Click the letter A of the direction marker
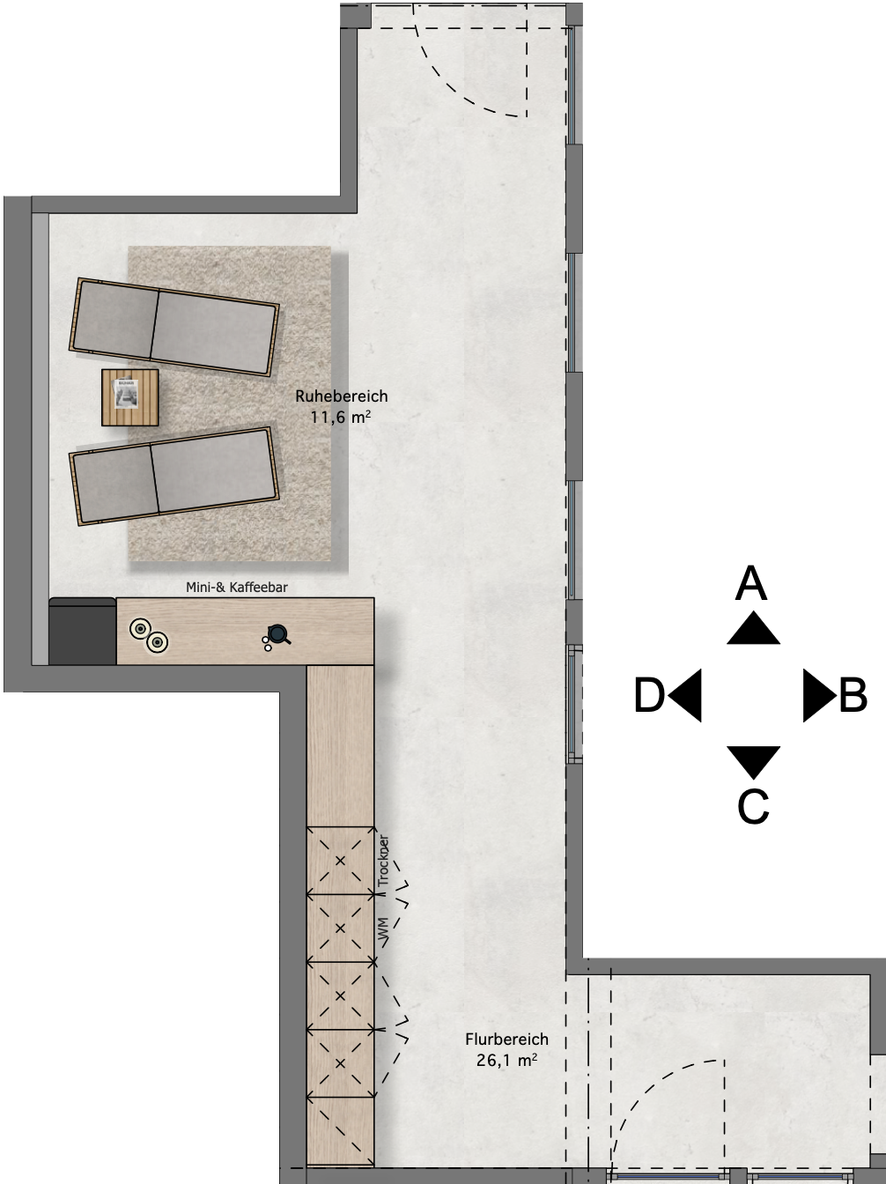tap(751, 583)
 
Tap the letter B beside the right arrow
tap(853, 695)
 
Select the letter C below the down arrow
tap(753, 807)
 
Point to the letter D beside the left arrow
tap(650, 695)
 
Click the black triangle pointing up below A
tap(753, 629)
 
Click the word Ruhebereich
tap(342, 396)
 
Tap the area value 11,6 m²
tap(340, 417)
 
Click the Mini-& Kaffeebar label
tap(237, 588)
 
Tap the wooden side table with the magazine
tap(130, 397)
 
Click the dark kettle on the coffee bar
tap(277, 633)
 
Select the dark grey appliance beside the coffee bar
tap(83, 631)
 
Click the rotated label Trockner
tap(383, 862)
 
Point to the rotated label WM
tap(383, 931)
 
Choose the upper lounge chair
tap(174, 327)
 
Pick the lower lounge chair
tap(174, 477)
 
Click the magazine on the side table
tap(126, 393)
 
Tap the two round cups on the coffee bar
tap(148, 635)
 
